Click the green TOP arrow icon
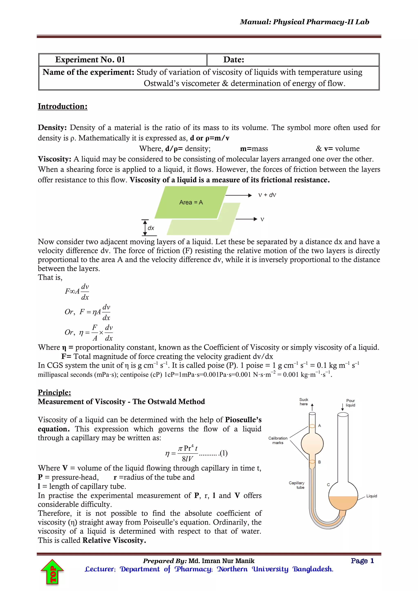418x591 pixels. point(52,572)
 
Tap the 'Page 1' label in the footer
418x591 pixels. point(362,561)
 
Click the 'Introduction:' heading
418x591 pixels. point(62,106)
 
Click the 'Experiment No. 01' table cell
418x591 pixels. point(90,60)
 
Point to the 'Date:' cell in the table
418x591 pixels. point(234,60)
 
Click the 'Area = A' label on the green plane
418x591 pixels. point(191,203)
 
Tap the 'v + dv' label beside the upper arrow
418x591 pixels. point(267,195)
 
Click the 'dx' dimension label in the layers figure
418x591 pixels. point(151,228)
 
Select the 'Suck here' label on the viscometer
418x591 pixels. point(304,402)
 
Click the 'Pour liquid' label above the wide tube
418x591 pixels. point(350,403)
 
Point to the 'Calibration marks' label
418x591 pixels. point(278,440)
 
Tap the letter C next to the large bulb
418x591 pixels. point(328,485)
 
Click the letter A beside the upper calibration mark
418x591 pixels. point(319,426)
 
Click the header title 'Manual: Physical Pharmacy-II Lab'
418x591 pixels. point(305,22)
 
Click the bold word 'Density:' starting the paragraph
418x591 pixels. point(52,128)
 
